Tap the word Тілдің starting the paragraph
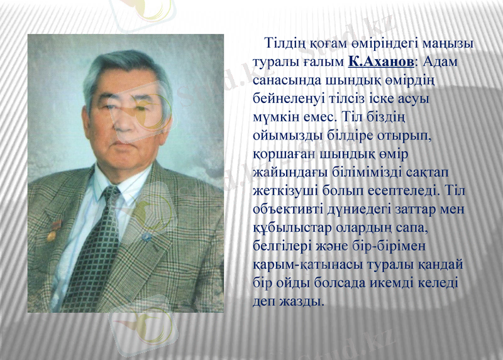click(x=285, y=44)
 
